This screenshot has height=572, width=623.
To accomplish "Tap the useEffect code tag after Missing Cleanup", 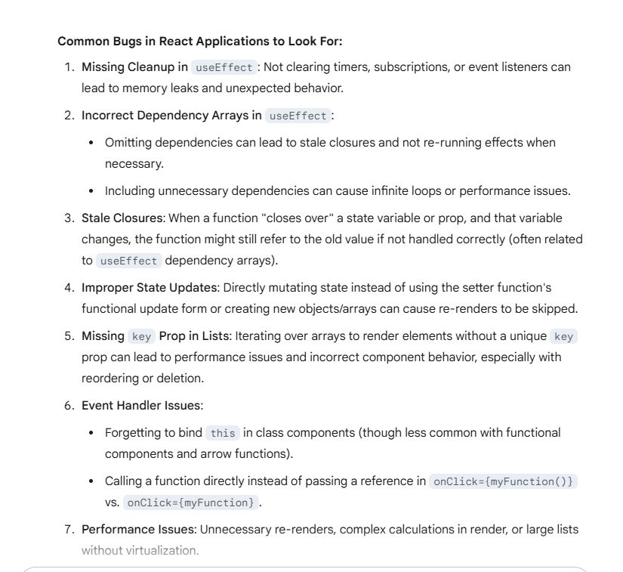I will [224, 67].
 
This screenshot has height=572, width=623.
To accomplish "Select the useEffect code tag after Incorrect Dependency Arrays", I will [298, 116].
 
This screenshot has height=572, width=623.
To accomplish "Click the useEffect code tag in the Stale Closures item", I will [128, 261].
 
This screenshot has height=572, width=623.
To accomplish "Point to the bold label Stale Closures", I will [122, 218].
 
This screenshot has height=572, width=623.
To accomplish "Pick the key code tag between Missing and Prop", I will [141, 336].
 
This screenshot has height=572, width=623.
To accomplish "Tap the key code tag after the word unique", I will [564, 336].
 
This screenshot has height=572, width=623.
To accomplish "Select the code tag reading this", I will [223, 433].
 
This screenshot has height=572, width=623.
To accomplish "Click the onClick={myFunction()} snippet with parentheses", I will [502, 481].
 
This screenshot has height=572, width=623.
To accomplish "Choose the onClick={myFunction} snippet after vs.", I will [191, 502].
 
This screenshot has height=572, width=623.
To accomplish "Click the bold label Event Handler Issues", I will [141, 406].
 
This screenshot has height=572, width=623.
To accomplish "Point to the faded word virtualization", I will [160, 550].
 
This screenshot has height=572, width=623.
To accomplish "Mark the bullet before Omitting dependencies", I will [91, 143].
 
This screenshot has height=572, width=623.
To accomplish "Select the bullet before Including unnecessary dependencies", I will [91, 191].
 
